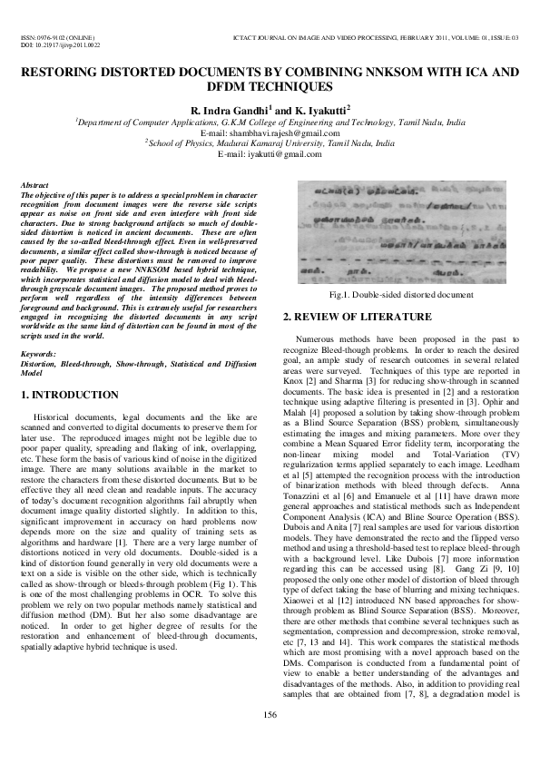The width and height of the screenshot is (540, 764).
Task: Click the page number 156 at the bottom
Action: click(x=270, y=740)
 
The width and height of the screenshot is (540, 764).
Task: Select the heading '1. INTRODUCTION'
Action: click(x=69, y=396)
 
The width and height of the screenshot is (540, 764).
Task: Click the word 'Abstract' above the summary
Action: click(x=35, y=185)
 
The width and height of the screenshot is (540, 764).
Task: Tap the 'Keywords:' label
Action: click(x=39, y=355)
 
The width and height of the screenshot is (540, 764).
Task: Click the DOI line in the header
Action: click(x=60, y=44)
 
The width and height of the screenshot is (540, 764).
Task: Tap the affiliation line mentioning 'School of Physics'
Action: click(x=270, y=143)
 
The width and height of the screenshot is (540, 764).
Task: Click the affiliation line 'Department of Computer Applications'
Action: click(x=270, y=122)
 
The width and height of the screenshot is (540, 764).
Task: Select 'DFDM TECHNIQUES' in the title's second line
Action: click(x=270, y=86)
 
